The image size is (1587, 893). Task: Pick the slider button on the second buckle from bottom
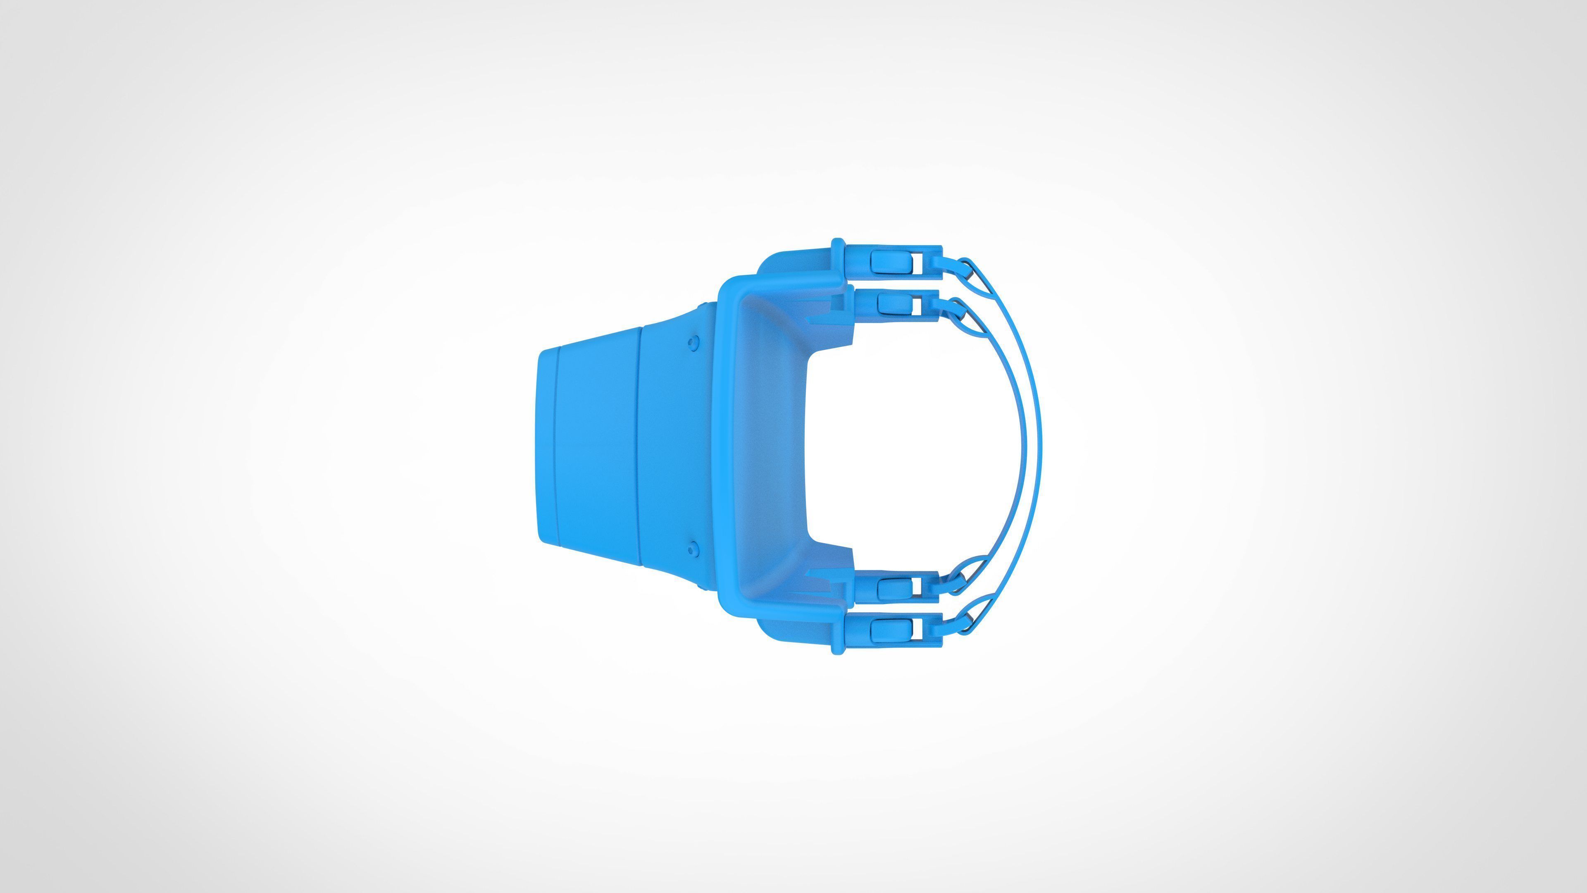pyautogui.click(x=891, y=589)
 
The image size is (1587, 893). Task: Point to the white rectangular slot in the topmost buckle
pyautogui.click(x=918, y=262)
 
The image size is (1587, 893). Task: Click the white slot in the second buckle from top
pyautogui.click(x=917, y=304)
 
